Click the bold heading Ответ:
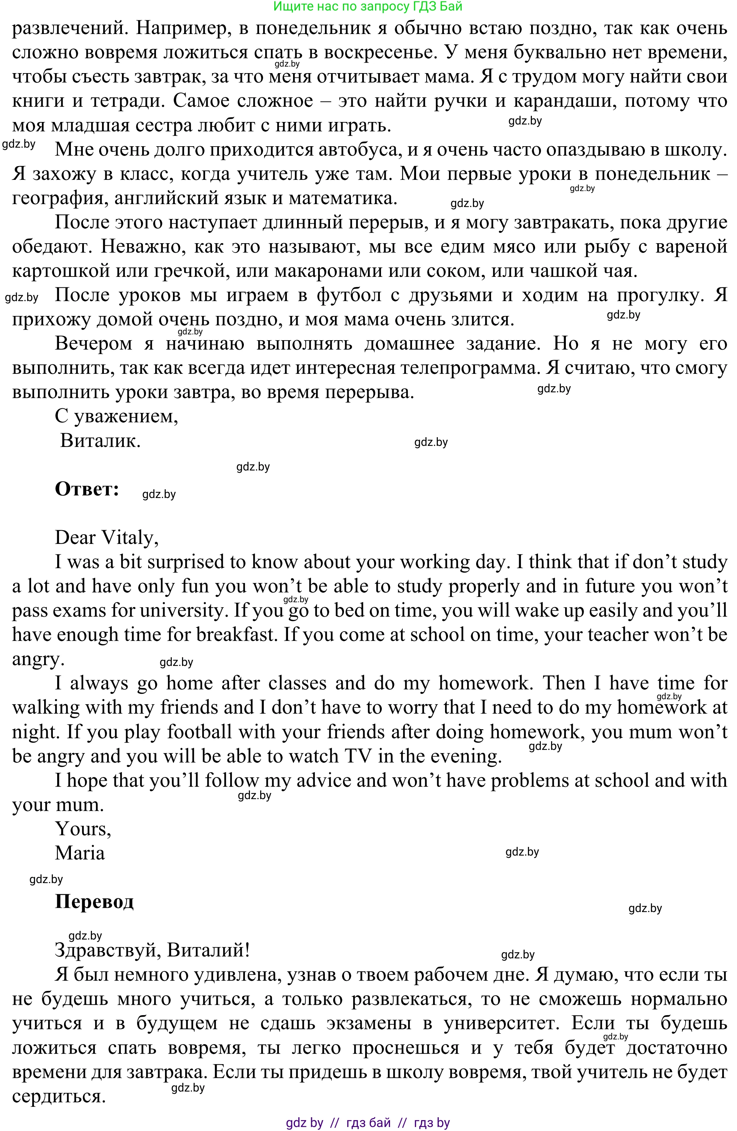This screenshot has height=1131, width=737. coord(87,489)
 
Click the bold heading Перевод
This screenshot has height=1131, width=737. coord(94,902)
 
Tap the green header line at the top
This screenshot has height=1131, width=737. coord(368,6)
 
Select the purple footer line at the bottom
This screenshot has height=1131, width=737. coord(368,1122)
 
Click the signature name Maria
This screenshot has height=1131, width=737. coord(80,853)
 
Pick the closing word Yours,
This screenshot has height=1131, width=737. coord(83,829)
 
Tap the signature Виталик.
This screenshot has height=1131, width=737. coord(100,440)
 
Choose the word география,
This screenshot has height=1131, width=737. coord(60,198)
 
